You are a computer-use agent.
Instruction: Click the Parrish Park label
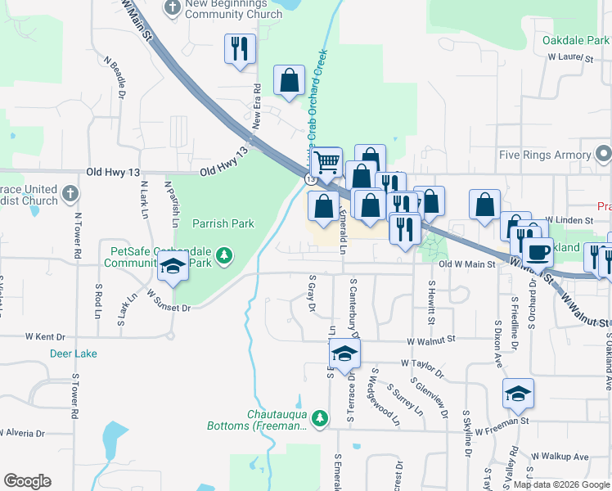pos(223,223)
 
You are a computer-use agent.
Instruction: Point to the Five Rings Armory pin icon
pos(604,154)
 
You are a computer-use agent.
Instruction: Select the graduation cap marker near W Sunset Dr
pos(173,267)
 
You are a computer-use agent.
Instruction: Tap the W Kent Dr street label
pos(45,336)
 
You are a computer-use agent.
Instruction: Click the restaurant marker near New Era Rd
pos(240,48)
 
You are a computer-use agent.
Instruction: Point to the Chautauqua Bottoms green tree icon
pos(322,418)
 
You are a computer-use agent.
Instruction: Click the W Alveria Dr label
pos(27,431)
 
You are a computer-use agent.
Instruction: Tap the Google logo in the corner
pos(27,481)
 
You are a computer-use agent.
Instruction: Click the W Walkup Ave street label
pos(560,456)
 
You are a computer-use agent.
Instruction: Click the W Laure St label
pos(569,57)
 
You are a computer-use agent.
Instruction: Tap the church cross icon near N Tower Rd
pos(70,194)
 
